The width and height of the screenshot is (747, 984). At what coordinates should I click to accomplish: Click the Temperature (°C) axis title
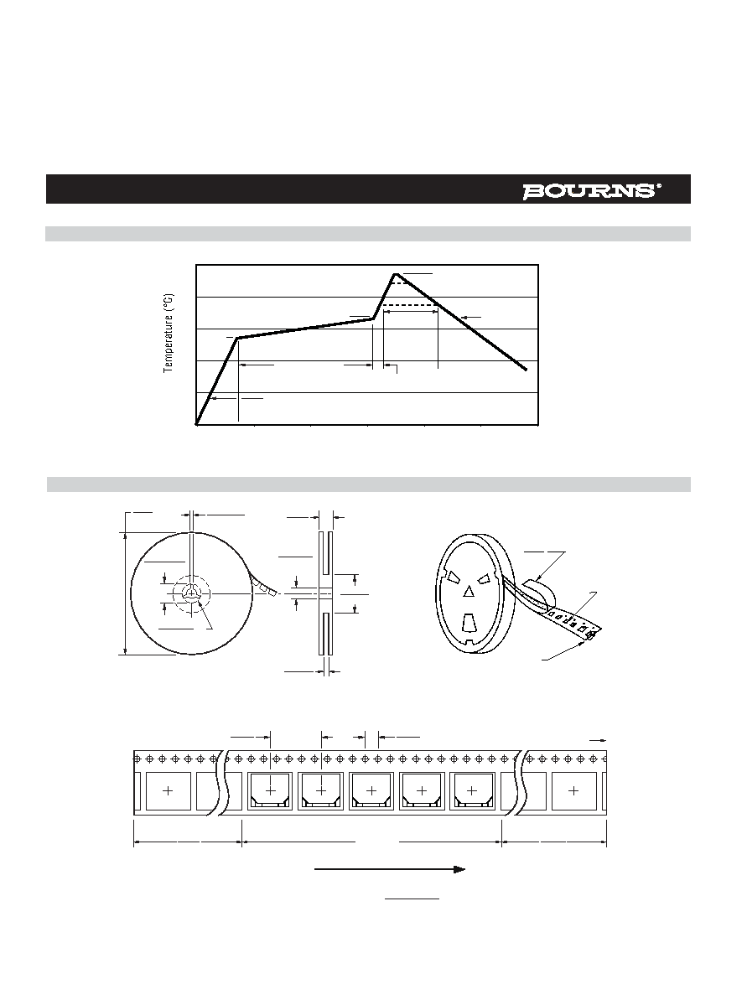(169, 334)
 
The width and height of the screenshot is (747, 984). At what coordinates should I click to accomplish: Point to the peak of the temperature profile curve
(395, 274)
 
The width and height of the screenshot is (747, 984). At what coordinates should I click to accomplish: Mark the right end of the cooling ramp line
(526, 370)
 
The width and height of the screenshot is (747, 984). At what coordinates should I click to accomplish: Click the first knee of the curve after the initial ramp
(237, 339)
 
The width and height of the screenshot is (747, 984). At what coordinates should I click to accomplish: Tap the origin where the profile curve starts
(197, 424)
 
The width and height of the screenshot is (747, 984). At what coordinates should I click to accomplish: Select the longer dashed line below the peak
(411, 305)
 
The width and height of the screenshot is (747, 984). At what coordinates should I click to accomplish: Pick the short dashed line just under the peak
(398, 283)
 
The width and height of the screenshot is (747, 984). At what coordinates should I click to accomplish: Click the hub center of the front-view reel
(191, 593)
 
